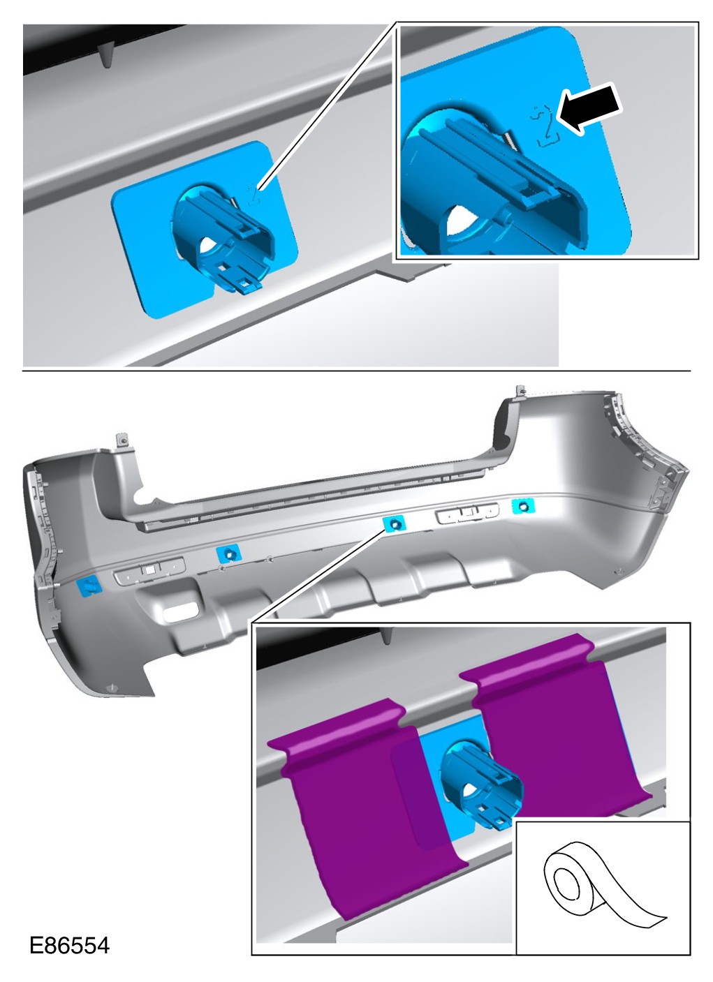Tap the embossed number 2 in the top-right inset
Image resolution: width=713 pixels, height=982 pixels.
[x=544, y=125]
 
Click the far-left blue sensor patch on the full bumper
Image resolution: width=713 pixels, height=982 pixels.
[x=89, y=586]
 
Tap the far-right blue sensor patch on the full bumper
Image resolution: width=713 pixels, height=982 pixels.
[x=523, y=507]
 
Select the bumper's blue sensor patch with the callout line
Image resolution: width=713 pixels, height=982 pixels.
[x=394, y=523]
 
